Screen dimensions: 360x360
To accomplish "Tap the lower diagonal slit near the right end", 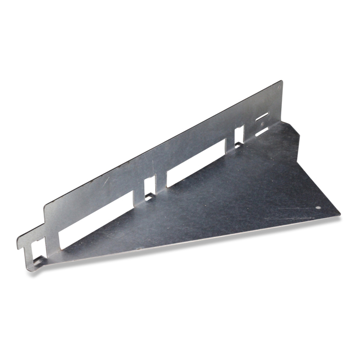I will coord(262,132).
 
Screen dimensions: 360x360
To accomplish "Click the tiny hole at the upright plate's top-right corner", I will coord(278,88).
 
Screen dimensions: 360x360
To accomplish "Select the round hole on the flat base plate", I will coord(318,208).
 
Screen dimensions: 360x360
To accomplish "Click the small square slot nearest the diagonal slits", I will coord(240,136).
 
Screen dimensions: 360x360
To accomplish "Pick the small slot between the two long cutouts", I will coord(150,187).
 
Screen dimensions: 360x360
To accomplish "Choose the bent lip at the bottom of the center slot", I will coord(149,196).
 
